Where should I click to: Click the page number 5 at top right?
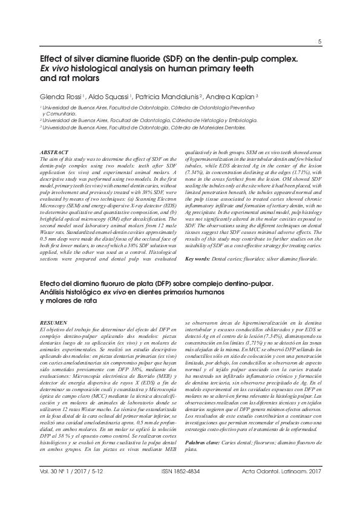point(319,41)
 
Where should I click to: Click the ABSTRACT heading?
point(53,151)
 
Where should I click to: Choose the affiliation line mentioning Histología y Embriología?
point(148,120)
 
